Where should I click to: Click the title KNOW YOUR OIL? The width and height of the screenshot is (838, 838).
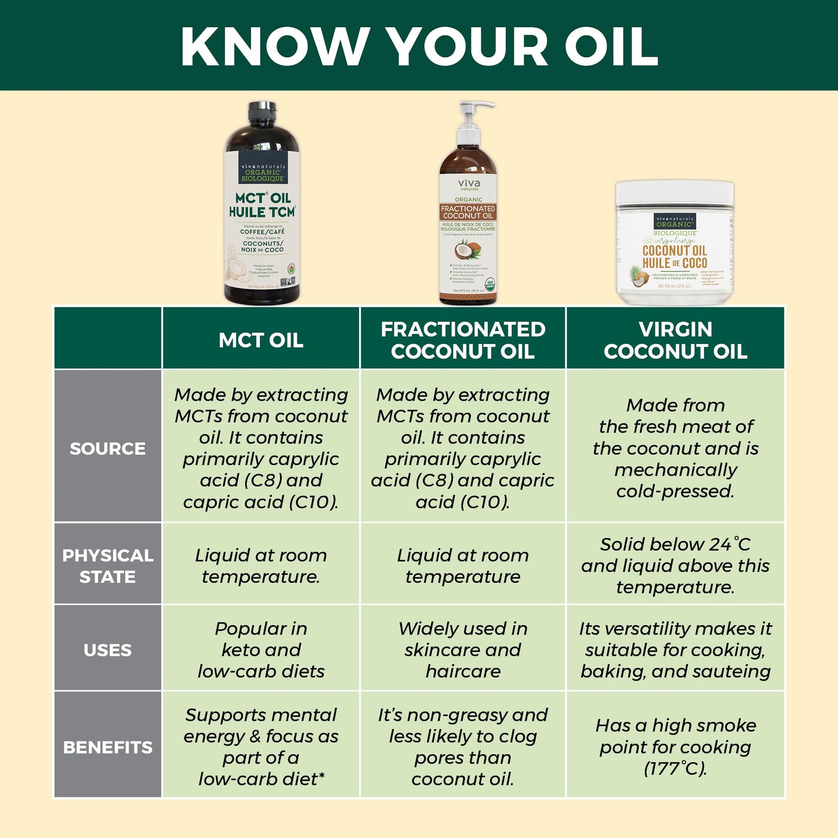click(419, 46)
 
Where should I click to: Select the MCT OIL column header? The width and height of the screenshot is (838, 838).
click(261, 340)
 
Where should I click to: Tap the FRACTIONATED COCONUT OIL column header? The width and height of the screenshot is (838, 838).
click(463, 340)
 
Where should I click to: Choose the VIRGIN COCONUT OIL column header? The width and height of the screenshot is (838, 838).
click(675, 340)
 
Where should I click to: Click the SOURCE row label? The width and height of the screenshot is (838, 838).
click(108, 448)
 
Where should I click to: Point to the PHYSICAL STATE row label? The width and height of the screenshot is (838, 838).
click(108, 565)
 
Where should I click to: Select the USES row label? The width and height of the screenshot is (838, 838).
click(108, 650)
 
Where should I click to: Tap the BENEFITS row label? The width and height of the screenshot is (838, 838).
click(108, 747)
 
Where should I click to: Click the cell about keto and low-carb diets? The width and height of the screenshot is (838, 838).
click(261, 650)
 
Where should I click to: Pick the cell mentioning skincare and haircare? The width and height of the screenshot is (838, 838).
click(463, 650)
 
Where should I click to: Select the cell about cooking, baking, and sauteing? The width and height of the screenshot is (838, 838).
click(675, 650)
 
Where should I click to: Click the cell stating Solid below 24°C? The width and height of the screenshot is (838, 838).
click(675, 565)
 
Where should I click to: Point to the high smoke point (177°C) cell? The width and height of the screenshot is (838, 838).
click(675, 747)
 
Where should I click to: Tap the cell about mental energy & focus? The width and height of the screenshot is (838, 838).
click(261, 747)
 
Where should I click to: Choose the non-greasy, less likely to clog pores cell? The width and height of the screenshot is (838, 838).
click(463, 747)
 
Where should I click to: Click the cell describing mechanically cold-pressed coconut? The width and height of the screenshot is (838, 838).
click(675, 448)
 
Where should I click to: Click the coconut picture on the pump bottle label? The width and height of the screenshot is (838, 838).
click(467, 250)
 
